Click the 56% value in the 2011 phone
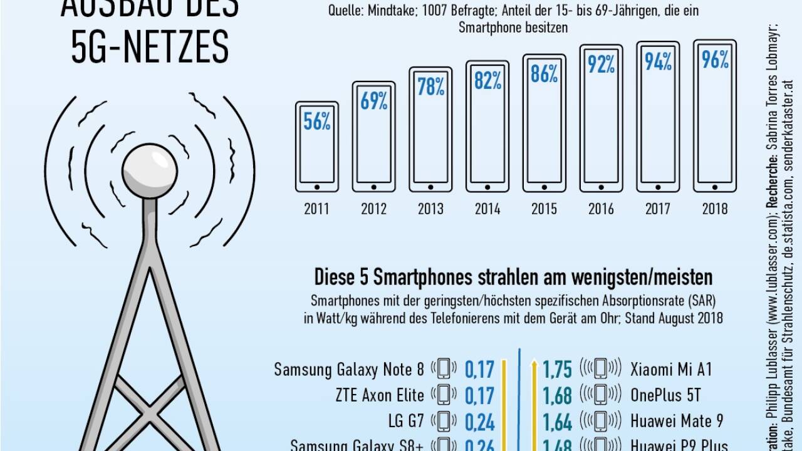pyautogui.click(x=317, y=121)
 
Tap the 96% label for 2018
pyautogui.click(x=715, y=60)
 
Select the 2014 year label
pyautogui.click(x=487, y=209)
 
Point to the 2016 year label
pyautogui.click(x=601, y=209)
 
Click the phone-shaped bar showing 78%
pyautogui.click(x=431, y=129)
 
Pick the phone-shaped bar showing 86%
pyautogui.click(x=544, y=123)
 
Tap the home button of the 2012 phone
pyautogui.click(x=373, y=187)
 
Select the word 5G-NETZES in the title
pyautogui.click(x=150, y=48)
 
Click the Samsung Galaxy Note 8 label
pyautogui.click(x=349, y=370)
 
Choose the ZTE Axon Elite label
pyautogui.click(x=380, y=395)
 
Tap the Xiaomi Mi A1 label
pyautogui.click(x=671, y=368)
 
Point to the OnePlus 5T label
pyautogui.click(x=665, y=395)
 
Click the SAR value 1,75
pyautogui.click(x=557, y=370)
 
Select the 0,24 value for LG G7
pyautogui.click(x=480, y=422)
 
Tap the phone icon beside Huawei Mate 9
pyautogui.click(x=600, y=421)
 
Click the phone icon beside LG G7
pyautogui.click(x=444, y=421)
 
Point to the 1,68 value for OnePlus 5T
pyautogui.click(x=557, y=395)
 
